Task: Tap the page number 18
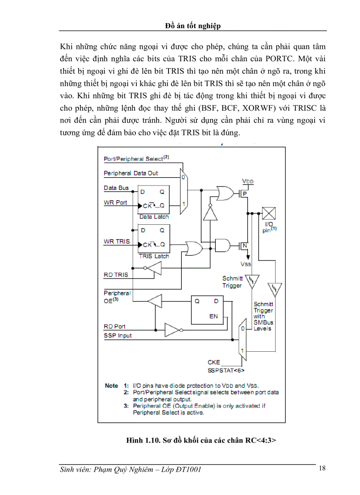point(322,468)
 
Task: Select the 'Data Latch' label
point(154,217)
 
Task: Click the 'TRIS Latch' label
point(154,256)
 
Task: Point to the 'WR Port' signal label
point(116,202)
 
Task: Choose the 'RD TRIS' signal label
point(116,275)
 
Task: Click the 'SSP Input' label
point(118,335)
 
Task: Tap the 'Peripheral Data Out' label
point(131,173)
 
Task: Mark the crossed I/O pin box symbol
point(269,213)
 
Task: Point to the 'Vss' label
point(246,264)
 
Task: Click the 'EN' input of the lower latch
point(214,316)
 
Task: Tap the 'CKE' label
point(214,362)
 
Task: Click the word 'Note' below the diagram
point(111,386)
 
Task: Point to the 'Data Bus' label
point(116,188)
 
